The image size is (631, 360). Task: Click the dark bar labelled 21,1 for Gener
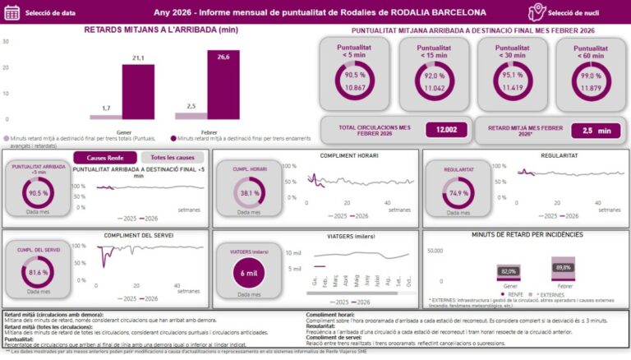click(138, 91)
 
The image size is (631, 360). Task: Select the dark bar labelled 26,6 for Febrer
click(223, 85)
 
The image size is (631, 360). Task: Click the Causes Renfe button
click(104, 158)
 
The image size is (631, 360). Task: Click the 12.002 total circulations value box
click(446, 130)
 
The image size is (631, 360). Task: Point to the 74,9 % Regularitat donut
click(458, 192)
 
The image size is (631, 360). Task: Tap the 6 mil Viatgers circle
click(245, 271)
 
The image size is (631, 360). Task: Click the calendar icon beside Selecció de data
click(12, 13)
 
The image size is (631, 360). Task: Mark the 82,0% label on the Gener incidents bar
click(509, 271)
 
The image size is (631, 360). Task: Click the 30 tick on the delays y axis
click(6, 41)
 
